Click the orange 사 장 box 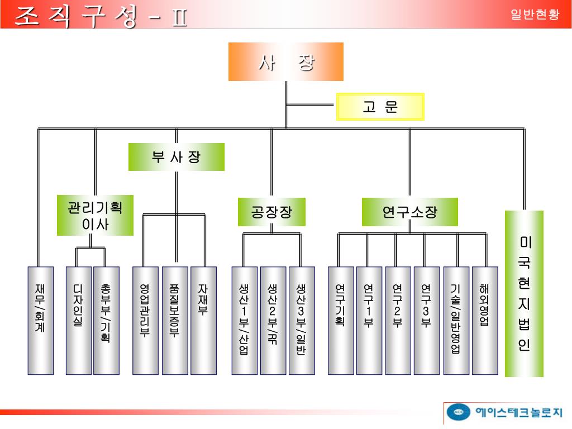285,62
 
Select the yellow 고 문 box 380,107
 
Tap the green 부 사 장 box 177,157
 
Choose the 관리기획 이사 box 96,215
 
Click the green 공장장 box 271,212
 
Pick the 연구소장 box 409,212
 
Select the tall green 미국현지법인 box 524,293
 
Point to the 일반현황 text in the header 535,15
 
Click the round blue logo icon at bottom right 459,413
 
